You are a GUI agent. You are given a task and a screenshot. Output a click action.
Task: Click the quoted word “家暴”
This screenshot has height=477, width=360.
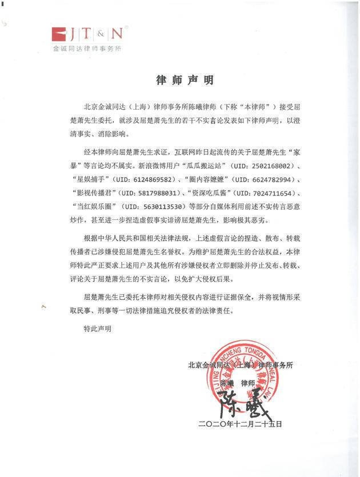pos(291,153)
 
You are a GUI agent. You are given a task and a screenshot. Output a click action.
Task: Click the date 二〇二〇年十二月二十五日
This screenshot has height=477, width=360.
pos(240,424)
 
